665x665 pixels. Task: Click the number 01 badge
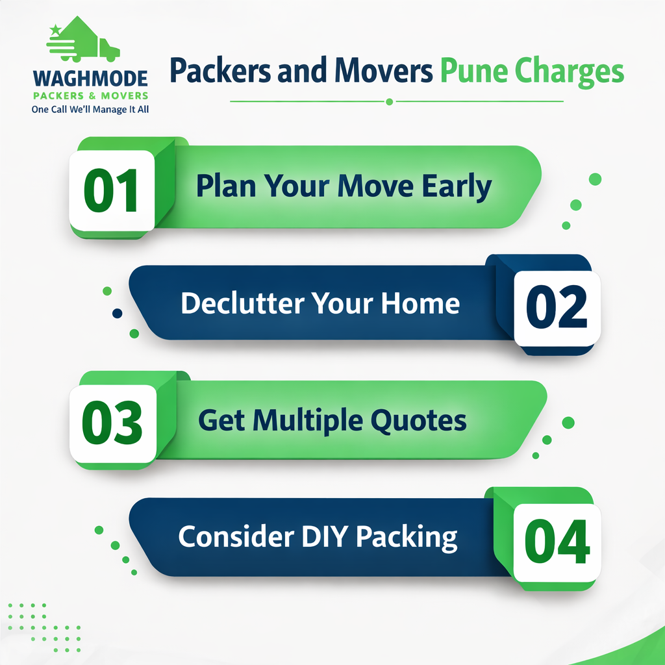coord(112,190)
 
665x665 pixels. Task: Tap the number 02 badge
coord(557,308)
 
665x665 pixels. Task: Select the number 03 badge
coord(113,423)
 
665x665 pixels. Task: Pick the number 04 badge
coord(557,542)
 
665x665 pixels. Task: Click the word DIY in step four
coord(325,536)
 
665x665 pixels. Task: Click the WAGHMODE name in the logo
coord(90,79)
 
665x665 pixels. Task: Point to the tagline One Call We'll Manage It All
coord(90,109)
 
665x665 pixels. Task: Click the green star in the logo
coord(55,31)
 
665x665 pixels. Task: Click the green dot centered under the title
coord(390,102)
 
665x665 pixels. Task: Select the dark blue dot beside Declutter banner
coord(118,314)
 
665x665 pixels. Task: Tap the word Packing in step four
coord(407,538)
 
